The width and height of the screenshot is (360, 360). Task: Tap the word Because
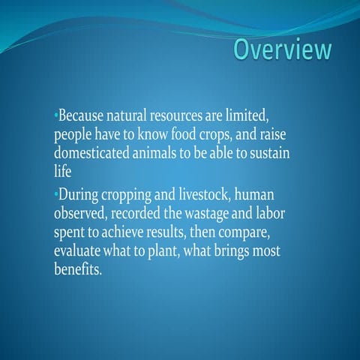coord(83,118)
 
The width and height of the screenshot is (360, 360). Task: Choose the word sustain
coord(266,154)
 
